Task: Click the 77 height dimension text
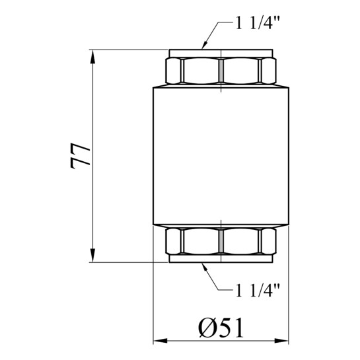[80, 156]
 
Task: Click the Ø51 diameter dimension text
[221, 328]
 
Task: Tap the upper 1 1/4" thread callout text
[258, 23]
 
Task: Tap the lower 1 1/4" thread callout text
[258, 290]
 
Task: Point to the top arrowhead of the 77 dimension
[92, 57]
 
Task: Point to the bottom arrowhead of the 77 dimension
[92, 255]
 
